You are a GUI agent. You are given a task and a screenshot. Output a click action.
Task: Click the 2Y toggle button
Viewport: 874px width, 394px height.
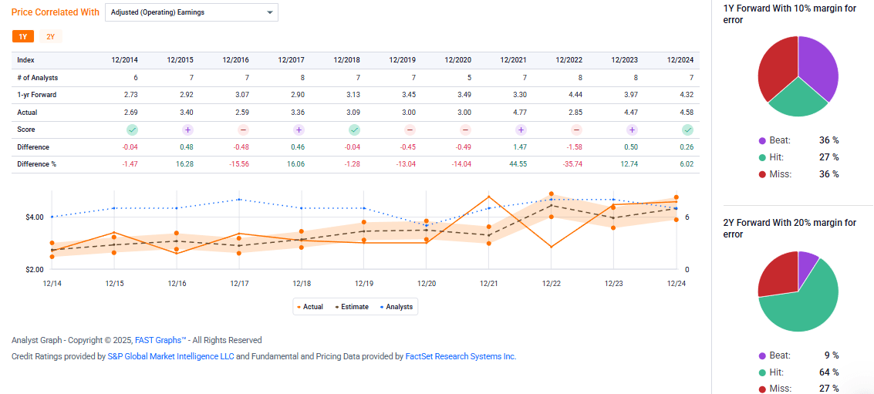[x=50, y=36]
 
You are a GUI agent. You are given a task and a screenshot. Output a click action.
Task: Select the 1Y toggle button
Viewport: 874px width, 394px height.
[x=22, y=36]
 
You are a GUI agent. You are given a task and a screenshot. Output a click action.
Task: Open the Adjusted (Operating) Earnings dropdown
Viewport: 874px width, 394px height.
[x=191, y=12]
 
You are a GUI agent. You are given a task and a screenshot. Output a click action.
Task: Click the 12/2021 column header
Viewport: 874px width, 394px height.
[x=513, y=60]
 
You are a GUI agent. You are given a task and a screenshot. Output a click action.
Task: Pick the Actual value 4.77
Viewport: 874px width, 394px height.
[x=518, y=112]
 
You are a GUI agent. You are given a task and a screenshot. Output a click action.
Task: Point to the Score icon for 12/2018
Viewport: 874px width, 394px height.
[x=354, y=130]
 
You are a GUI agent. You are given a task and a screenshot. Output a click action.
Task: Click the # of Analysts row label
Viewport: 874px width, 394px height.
[x=38, y=78]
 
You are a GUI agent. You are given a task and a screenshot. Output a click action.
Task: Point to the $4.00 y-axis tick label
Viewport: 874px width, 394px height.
[x=34, y=217]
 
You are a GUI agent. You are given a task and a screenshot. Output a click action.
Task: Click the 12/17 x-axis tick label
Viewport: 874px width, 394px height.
[x=239, y=284]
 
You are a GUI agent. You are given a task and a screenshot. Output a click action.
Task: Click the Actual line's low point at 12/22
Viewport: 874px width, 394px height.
[x=551, y=247]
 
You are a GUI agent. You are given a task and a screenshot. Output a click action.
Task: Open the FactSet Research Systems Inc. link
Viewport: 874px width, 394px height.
[x=461, y=356]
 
